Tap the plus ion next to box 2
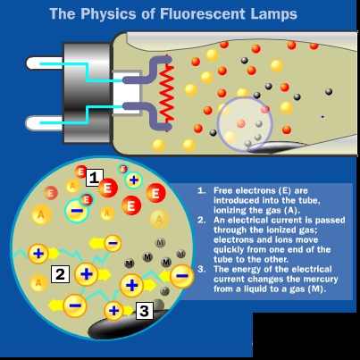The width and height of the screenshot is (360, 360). (87, 273)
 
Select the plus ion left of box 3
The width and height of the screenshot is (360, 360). (114, 311)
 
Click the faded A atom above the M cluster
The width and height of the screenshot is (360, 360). (158, 218)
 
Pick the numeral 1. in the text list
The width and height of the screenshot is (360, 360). (202, 191)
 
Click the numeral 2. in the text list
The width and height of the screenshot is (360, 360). (202, 218)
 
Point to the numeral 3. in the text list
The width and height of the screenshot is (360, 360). (202, 269)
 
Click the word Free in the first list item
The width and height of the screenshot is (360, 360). (224, 191)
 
